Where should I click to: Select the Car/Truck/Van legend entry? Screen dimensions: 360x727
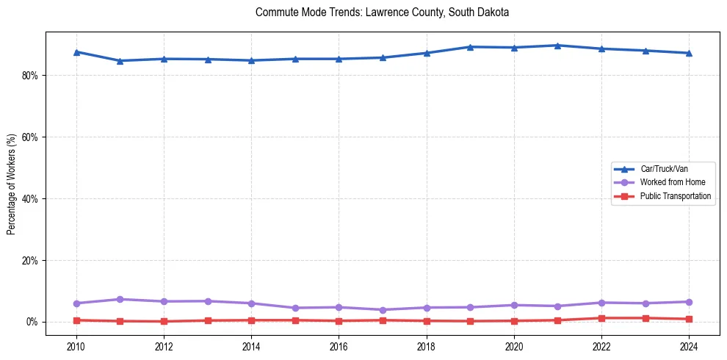click(x=664, y=169)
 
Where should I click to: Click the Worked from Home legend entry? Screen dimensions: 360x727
click(x=669, y=182)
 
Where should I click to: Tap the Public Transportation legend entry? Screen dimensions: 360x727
click(x=675, y=196)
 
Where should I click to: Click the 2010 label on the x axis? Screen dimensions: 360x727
click(x=76, y=346)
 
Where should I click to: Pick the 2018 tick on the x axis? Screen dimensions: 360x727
click(x=427, y=346)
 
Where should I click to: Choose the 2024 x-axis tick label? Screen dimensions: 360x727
click(x=689, y=346)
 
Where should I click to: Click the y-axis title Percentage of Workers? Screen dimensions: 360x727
click(x=12, y=184)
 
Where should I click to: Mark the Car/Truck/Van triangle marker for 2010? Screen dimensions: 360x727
click(x=76, y=52)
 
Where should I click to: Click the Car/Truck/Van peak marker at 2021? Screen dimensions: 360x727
click(x=557, y=46)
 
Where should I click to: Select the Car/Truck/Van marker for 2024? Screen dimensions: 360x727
click(x=689, y=53)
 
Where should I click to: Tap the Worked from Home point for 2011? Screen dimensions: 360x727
click(x=120, y=299)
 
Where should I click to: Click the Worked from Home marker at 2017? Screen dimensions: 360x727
click(x=383, y=309)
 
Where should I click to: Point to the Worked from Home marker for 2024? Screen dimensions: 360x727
click(x=689, y=302)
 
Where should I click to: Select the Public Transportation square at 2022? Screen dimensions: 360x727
click(x=601, y=318)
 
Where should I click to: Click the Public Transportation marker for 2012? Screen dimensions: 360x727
click(x=164, y=321)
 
